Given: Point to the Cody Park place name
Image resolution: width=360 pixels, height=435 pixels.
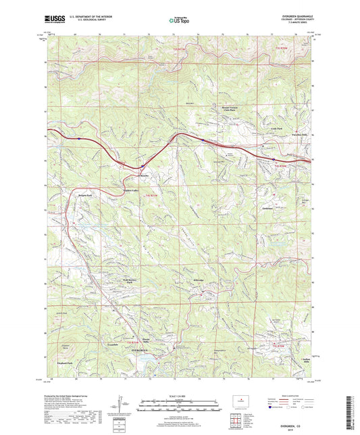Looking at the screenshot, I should [276, 128].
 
